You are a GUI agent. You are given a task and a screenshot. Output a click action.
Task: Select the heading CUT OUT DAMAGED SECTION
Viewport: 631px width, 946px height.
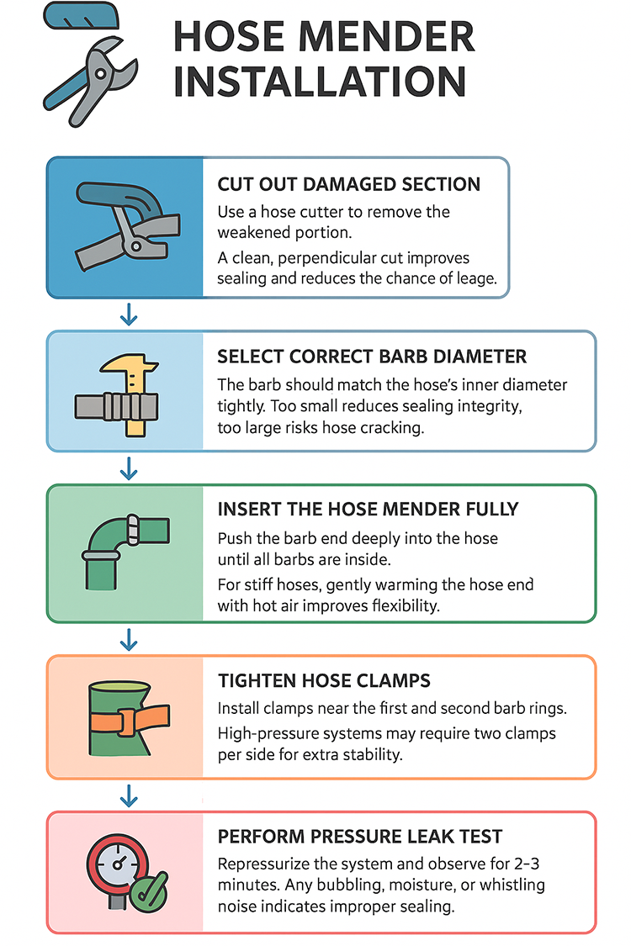click(x=348, y=185)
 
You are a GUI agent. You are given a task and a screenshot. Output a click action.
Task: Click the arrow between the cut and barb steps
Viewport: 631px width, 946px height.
click(x=129, y=315)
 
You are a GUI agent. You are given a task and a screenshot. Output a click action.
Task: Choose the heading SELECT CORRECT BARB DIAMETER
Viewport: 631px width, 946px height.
click(x=372, y=357)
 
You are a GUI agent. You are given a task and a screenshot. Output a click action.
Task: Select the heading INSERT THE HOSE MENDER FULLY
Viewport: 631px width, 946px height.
click(x=368, y=510)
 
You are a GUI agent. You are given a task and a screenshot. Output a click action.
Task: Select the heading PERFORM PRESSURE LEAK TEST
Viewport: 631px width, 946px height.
click(x=359, y=837)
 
